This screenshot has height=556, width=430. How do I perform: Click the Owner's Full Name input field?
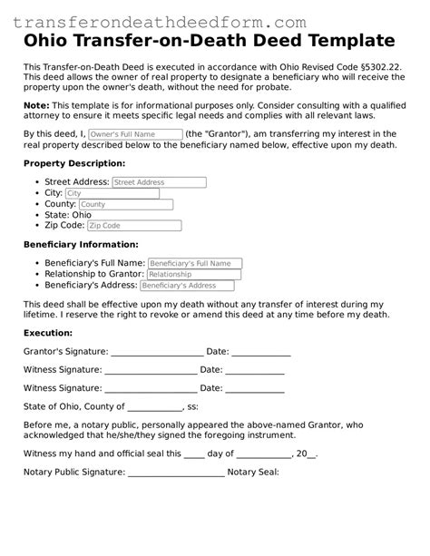(134, 134)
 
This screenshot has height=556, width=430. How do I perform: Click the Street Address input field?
(159, 182)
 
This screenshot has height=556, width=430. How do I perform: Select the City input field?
(112, 193)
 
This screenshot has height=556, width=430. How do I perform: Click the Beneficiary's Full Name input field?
(192, 263)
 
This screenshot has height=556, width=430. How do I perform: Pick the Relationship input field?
(193, 274)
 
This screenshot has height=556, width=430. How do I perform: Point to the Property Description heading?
(74, 163)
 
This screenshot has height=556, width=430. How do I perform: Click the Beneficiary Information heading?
(81, 244)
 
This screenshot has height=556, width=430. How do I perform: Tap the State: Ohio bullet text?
(74, 215)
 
